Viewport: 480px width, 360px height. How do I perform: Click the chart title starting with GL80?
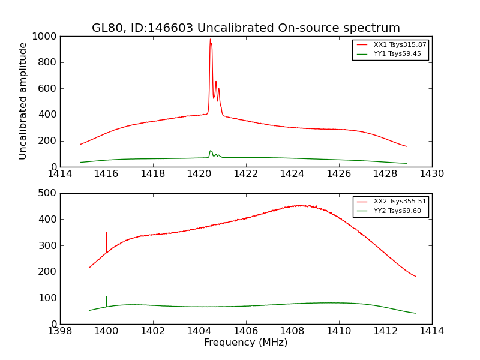(246, 28)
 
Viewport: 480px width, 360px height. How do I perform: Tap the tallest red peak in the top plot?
(210, 40)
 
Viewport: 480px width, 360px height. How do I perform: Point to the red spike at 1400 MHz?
(107, 233)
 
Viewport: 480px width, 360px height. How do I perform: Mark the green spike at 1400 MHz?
(107, 298)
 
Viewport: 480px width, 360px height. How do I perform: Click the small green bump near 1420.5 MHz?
(211, 151)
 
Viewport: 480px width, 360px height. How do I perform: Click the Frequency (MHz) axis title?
(246, 343)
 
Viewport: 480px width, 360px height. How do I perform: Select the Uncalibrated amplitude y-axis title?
(23, 101)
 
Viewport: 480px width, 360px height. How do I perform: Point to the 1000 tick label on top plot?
(46, 37)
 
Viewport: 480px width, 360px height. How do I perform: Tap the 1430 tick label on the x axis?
(431, 174)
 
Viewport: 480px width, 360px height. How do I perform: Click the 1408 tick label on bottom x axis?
(293, 331)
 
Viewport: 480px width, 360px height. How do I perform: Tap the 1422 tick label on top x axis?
(246, 174)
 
